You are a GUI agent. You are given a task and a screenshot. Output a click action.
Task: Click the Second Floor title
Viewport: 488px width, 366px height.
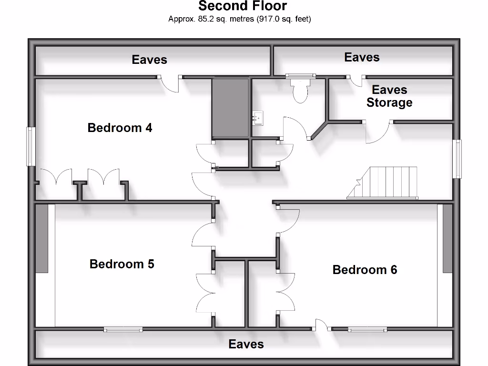click(243, 6)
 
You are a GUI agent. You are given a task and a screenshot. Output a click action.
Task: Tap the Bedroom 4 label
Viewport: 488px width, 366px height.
click(120, 128)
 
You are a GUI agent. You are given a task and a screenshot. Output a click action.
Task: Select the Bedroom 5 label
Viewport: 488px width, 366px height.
click(122, 264)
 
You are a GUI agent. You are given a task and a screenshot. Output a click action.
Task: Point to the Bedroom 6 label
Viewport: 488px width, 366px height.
click(365, 270)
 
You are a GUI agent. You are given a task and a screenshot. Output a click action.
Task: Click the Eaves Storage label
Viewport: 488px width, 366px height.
click(389, 96)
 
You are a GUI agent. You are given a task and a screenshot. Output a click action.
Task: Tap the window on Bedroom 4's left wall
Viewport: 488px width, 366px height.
click(31, 146)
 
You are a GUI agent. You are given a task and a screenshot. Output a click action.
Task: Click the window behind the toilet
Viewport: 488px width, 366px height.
click(300, 75)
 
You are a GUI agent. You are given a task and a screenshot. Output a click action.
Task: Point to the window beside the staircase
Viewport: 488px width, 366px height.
click(457, 159)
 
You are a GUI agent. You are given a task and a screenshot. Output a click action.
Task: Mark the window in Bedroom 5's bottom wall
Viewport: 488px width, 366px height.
click(123, 329)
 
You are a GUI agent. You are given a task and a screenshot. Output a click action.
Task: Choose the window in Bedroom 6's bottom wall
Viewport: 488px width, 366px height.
click(367, 329)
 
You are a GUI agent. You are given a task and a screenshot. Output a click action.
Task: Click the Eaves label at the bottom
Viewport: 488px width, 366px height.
click(246, 344)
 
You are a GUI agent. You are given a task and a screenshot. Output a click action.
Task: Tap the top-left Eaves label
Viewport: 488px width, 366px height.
click(149, 60)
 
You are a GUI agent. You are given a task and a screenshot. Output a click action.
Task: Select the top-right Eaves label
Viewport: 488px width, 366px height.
click(362, 57)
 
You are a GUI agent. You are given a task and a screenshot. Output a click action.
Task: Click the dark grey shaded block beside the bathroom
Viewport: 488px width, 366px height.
click(231, 108)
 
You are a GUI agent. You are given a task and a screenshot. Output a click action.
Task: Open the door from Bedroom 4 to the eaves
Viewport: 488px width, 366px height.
click(170, 83)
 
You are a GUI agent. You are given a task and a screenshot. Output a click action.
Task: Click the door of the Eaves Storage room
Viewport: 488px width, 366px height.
click(379, 132)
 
